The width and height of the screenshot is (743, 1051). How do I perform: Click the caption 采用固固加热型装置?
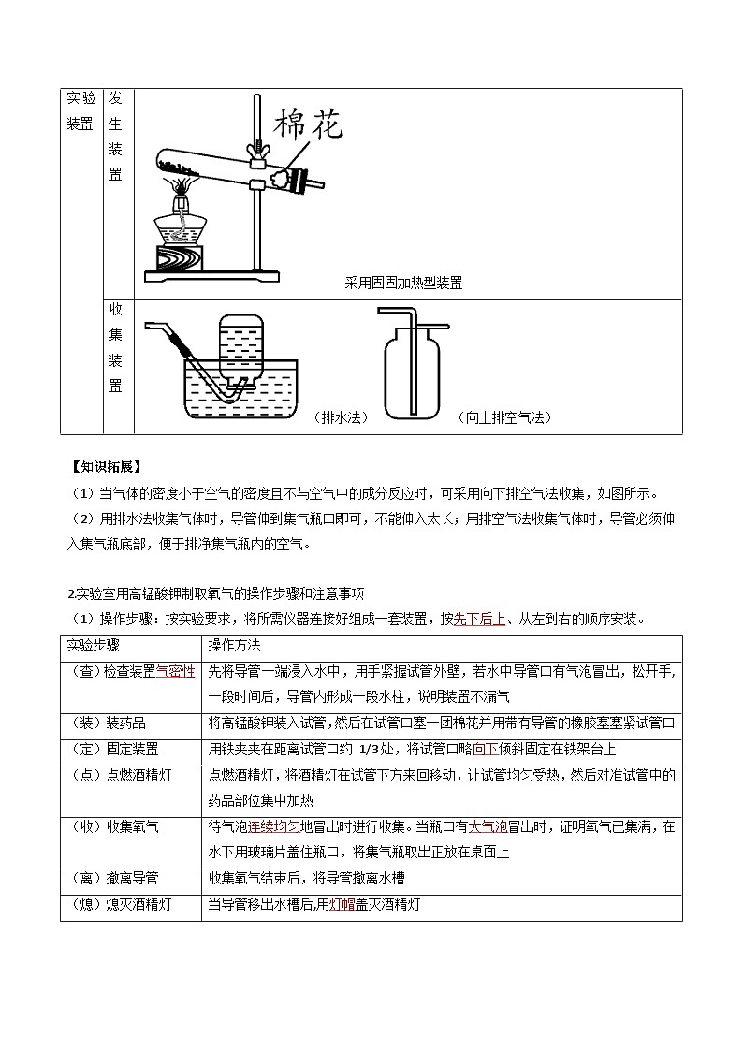403,283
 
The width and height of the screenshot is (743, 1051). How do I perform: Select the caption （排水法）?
340,417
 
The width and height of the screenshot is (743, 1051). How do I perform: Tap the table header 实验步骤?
93,646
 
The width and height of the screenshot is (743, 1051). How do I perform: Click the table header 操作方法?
234,646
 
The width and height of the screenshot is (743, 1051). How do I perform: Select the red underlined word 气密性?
176,672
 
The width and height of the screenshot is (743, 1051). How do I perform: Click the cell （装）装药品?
109,723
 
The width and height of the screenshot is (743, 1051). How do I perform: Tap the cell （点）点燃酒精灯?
121,775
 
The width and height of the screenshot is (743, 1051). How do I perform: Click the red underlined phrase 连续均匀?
274,826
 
